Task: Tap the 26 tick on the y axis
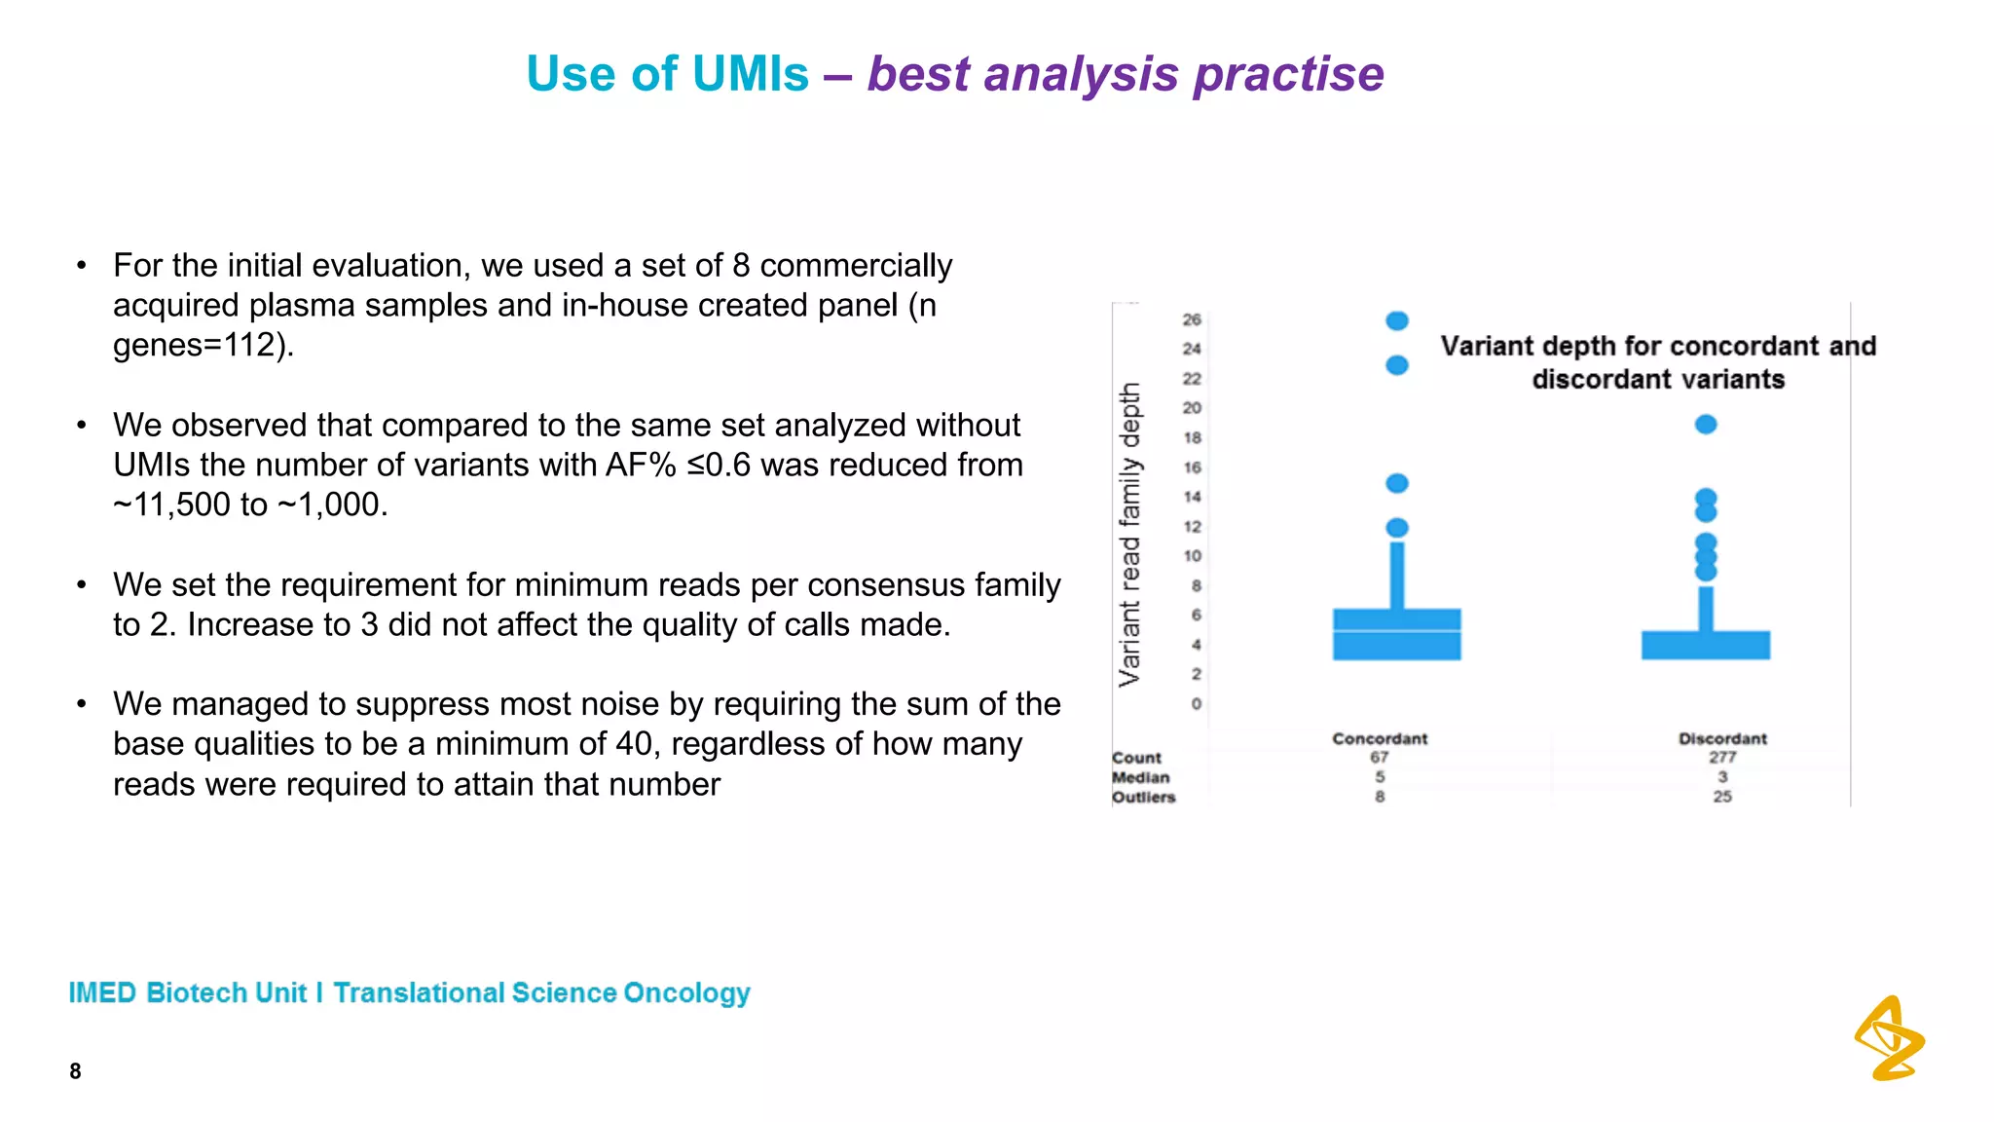(x=1192, y=319)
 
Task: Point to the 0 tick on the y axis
(x=1196, y=703)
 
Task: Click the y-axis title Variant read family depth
(x=1129, y=534)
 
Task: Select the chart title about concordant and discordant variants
(x=1658, y=362)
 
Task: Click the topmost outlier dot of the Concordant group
(x=1397, y=320)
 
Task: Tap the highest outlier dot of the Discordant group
(x=1706, y=425)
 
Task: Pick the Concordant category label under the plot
(x=1380, y=738)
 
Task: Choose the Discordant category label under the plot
(x=1722, y=738)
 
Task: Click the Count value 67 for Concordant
(x=1380, y=757)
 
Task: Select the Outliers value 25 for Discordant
(x=1722, y=796)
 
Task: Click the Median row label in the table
(x=1141, y=777)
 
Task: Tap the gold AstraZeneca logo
(x=1889, y=1038)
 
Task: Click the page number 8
(x=75, y=1071)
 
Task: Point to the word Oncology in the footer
(x=686, y=992)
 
